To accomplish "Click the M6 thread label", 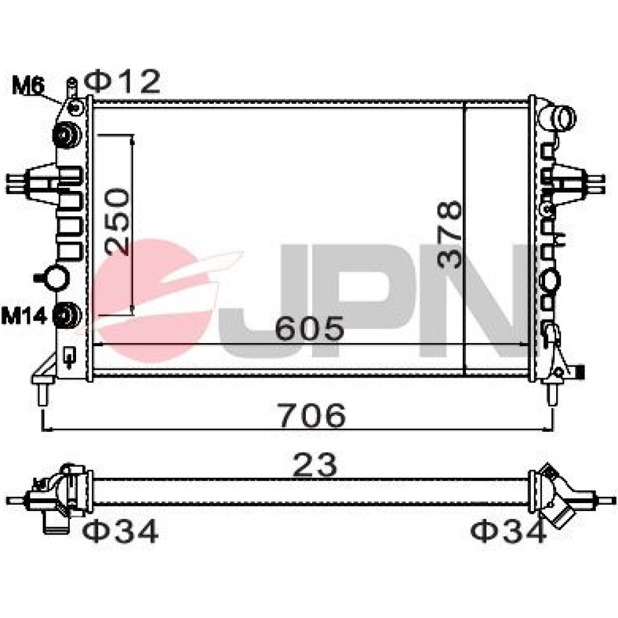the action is (x=28, y=85).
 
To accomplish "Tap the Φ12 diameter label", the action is (x=122, y=82).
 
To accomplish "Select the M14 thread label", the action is (x=24, y=315).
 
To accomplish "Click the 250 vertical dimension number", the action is (x=117, y=221).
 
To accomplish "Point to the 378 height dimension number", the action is (x=449, y=234).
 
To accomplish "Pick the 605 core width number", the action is (x=310, y=328).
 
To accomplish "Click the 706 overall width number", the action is (x=313, y=415).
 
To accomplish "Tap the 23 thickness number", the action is (x=315, y=465).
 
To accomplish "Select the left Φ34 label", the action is (x=121, y=531).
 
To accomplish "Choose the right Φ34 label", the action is (x=509, y=530).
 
